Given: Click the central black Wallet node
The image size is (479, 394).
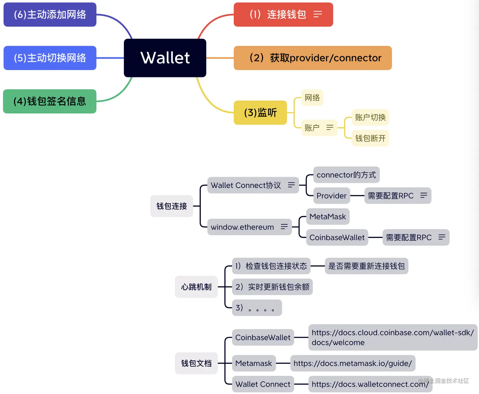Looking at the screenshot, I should pos(165,58).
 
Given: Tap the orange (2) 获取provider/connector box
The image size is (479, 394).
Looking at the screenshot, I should pos(312,58).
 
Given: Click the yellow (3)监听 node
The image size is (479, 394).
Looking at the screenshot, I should pos(260,113).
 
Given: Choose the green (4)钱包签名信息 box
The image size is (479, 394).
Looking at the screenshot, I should pos(50,101).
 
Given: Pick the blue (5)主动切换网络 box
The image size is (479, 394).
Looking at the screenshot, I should pos(50,58).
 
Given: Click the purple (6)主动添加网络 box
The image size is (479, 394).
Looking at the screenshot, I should pos(50,15).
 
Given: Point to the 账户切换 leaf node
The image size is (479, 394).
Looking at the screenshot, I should pos(370,118).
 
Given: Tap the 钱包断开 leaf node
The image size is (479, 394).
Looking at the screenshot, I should pos(370,138).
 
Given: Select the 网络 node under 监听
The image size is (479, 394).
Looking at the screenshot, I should pos(312,98).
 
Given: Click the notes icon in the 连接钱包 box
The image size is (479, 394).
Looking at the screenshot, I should pos(317,14).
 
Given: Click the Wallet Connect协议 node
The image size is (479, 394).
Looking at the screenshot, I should pos(246,185).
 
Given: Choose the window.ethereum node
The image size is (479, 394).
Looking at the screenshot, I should pos(242,227).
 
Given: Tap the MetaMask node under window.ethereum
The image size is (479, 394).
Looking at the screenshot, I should pos(328,217).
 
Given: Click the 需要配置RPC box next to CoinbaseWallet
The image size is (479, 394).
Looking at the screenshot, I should pos(409,237).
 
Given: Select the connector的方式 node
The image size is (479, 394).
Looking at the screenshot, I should pos(346,175).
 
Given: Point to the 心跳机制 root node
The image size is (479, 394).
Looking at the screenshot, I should pos(196,287).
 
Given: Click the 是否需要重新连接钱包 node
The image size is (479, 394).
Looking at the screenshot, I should pos(366,266).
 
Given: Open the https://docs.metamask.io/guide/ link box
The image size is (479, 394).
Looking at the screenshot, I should pos(352,363).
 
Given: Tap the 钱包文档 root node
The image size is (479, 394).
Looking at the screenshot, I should pos(196,363).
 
